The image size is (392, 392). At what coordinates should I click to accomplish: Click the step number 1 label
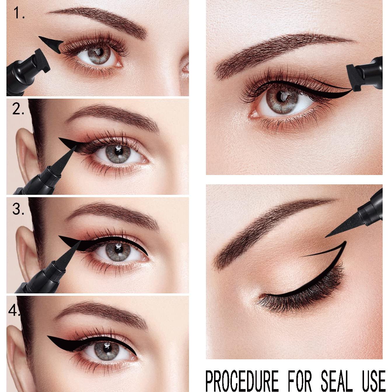tap(19, 13)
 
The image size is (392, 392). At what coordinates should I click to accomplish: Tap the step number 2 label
tap(18, 109)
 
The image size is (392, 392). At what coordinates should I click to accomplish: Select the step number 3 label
tap(18, 209)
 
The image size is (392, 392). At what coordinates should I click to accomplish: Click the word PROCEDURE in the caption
tap(242, 380)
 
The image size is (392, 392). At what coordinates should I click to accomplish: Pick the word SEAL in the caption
tap(336, 380)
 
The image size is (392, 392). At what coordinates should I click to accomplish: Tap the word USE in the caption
tap(374, 380)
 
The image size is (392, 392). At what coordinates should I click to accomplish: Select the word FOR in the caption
tap(300, 380)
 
